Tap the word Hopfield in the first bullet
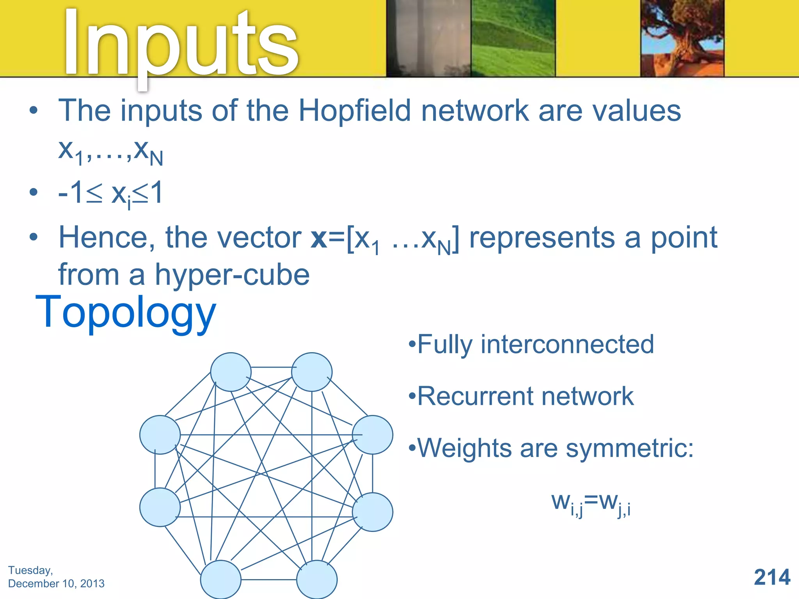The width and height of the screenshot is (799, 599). coord(355,111)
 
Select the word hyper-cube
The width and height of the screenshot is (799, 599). coord(232,275)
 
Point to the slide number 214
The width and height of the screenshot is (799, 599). coord(772,577)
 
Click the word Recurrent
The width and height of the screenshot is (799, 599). coord(475,396)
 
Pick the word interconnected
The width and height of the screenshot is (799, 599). coord(567,344)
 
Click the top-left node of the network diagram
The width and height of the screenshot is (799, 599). coord(231,372)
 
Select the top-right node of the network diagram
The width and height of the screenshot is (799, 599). coord(312,372)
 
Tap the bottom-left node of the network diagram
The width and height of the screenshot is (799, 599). coord(221,580)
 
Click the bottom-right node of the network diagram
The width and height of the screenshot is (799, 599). coord(317,580)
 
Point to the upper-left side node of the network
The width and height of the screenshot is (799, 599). coord(160,434)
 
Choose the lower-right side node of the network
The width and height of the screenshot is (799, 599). coord(373,512)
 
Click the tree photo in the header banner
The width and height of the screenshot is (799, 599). coord(682,38)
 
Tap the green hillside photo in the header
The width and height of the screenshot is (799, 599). coord(513,38)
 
